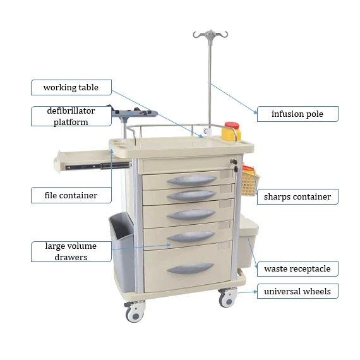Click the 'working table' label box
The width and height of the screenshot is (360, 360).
pyautogui.click(x=70, y=87)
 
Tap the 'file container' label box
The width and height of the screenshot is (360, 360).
pyautogui.click(x=70, y=195)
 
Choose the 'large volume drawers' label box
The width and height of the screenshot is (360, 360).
pyautogui.click(x=70, y=251)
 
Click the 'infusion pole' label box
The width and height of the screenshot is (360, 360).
pyautogui.click(x=297, y=114)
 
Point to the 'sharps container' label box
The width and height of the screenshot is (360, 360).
pyautogui.click(x=297, y=196)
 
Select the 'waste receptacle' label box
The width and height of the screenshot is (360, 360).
pyautogui.click(x=297, y=268)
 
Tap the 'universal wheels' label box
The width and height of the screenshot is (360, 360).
pyautogui.click(x=297, y=291)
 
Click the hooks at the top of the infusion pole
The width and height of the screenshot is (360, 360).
pyautogui.click(x=210, y=35)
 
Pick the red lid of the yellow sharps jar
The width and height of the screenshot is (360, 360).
pyautogui.click(x=232, y=126)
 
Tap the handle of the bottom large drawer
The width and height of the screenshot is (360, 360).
pyautogui.click(x=190, y=268)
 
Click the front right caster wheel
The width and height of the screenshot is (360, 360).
pyautogui.click(x=227, y=298)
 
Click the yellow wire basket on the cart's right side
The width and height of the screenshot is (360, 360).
pyautogui.click(x=249, y=181)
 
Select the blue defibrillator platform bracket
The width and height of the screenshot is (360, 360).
pyautogui.click(x=134, y=114)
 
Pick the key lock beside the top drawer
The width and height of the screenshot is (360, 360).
pyautogui.click(x=233, y=163)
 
